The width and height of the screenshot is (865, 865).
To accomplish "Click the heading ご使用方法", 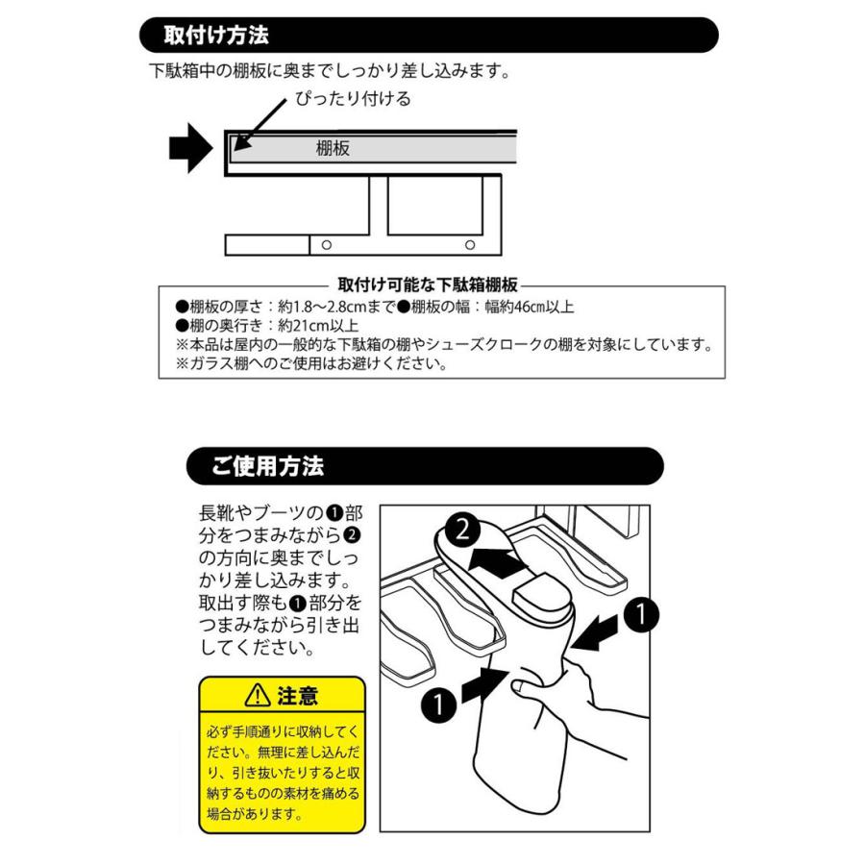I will (x=268, y=467).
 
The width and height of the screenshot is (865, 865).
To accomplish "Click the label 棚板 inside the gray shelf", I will (x=333, y=149).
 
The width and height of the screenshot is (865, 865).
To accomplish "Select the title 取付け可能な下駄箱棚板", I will (x=429, y=284).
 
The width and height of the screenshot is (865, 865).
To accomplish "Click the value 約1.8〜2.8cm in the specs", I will (x=317, y=307).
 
